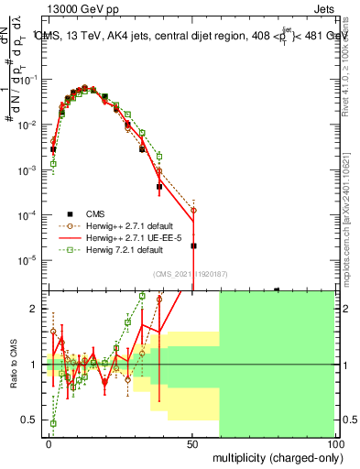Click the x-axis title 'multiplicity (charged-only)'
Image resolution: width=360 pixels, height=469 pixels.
[x=274, y=456]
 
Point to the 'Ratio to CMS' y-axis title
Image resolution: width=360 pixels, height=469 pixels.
[x=12, y=365]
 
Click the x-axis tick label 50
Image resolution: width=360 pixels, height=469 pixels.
[x=191, y=442]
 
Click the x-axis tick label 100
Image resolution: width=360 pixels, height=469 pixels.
[x=334, y=442]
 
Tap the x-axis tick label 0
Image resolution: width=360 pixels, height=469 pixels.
[x=49, y=442]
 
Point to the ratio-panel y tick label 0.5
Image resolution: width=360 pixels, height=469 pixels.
[x=30, y=420]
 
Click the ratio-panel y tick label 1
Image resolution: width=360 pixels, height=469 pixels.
[x=35, y=365]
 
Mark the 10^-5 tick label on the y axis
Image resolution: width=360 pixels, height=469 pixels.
[x=28, y=260]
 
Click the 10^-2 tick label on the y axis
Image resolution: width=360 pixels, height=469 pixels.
[x=28, y=125]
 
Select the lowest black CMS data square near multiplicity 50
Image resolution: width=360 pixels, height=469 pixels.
[x=193, y=245]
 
